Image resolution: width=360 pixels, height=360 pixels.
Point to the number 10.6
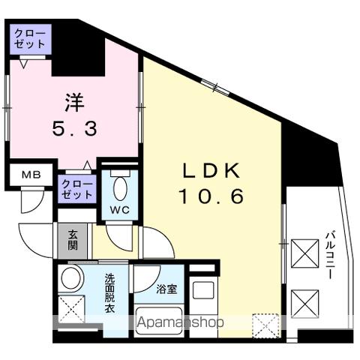tap(211, 196)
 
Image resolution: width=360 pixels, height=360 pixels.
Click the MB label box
tap(30, 175)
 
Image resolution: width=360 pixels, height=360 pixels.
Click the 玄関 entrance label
tap(73, 241)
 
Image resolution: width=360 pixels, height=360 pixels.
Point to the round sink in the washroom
tap(71, 278)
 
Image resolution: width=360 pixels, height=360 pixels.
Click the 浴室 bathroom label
tap(167, 289)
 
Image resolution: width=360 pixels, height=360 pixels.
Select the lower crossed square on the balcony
tap(304, 304)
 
